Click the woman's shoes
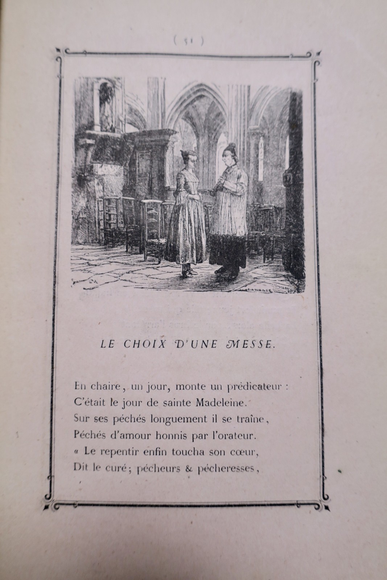pos(188,272)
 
